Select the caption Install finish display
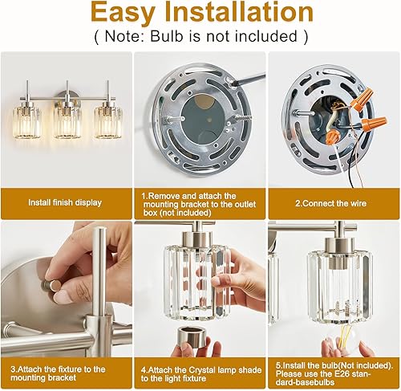tap(65, 203)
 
